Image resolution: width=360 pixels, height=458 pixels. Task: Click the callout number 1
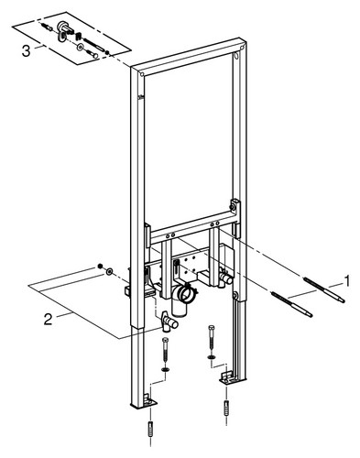(x=346, y=280)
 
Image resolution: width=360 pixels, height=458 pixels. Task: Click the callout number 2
(x=49, y=320)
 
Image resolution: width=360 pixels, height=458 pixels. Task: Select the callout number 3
(x=26, y=50)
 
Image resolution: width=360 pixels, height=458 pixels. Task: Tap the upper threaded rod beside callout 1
(x=324, y=289)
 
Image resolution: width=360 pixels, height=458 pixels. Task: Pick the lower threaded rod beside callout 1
(x=291, y=304)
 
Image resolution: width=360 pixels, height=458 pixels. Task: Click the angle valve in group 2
(x=169, y=322)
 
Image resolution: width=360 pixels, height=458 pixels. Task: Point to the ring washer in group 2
(x=109, y=271)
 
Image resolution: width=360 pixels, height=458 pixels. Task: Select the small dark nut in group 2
(x=99, y=267)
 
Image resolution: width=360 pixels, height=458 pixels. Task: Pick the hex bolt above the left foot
(x=165, y=351)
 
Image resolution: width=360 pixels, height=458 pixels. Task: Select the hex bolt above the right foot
(x=211, y=338)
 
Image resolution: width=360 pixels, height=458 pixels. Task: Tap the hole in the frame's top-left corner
(x=142, y=74)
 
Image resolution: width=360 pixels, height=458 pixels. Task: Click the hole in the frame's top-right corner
(x=236, y=57)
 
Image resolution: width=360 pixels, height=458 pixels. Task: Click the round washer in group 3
(x=80, y=47)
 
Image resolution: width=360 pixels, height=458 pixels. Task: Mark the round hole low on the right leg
(x=235, y=295)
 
